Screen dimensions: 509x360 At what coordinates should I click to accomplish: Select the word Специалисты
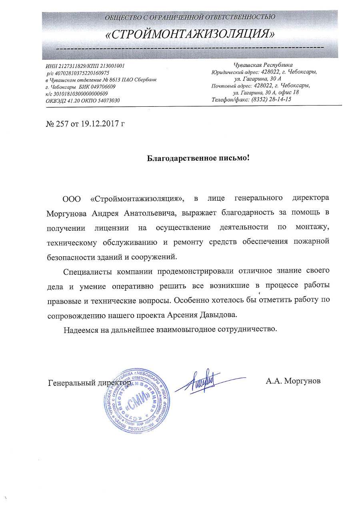(x=87, y=271)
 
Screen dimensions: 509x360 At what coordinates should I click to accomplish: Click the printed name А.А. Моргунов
(x=293, y=381)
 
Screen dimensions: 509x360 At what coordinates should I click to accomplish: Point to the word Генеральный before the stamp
(x=71, y=383)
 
